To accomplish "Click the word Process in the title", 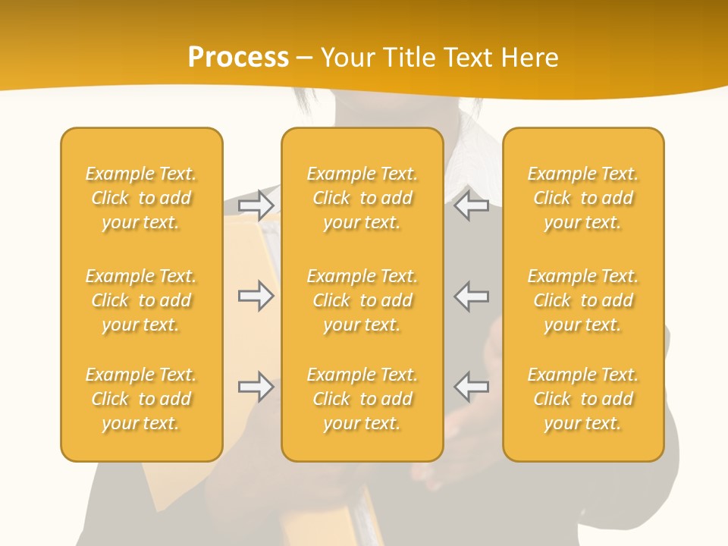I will click(238, 58).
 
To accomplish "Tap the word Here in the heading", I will click(529, 58).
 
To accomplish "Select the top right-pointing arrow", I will click(256, 206).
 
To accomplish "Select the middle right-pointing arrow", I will click(256, 296).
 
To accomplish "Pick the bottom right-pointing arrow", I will click(256, 387).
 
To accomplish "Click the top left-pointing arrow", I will click(471, 206).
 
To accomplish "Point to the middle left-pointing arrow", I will click(471, 296).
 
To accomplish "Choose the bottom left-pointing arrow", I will click(471, 387).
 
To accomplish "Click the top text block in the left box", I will click(141, 198).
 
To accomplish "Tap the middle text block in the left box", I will click(141, 300).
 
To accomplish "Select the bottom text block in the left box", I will click(141, 399).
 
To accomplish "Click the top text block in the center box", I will click(362, 198).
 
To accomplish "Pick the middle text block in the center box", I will click(362, 300).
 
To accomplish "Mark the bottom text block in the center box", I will click(362, 399).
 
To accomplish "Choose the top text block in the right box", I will click(583, 198).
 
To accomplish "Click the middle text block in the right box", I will click(583, 300).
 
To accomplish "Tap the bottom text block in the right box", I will click(583, 399).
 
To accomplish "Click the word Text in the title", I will click(465, 58).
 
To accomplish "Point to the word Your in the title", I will click(346, 58).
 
